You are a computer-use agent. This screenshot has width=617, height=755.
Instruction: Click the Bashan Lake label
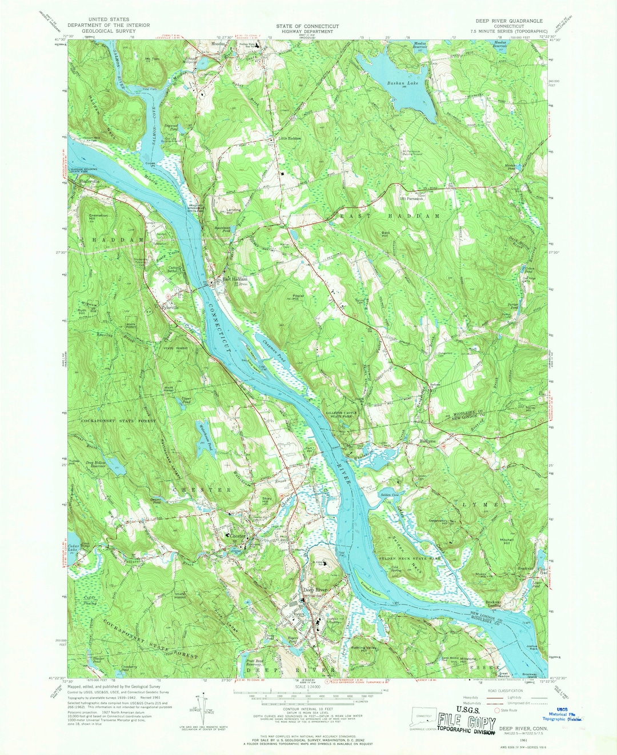pos(402,83)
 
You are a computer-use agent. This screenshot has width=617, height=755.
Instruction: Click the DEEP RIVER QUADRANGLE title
pos(509,21)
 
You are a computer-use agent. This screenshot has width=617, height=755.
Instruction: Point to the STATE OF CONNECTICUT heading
pos(307,26)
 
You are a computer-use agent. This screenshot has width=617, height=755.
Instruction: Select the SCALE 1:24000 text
pos(307,686)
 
